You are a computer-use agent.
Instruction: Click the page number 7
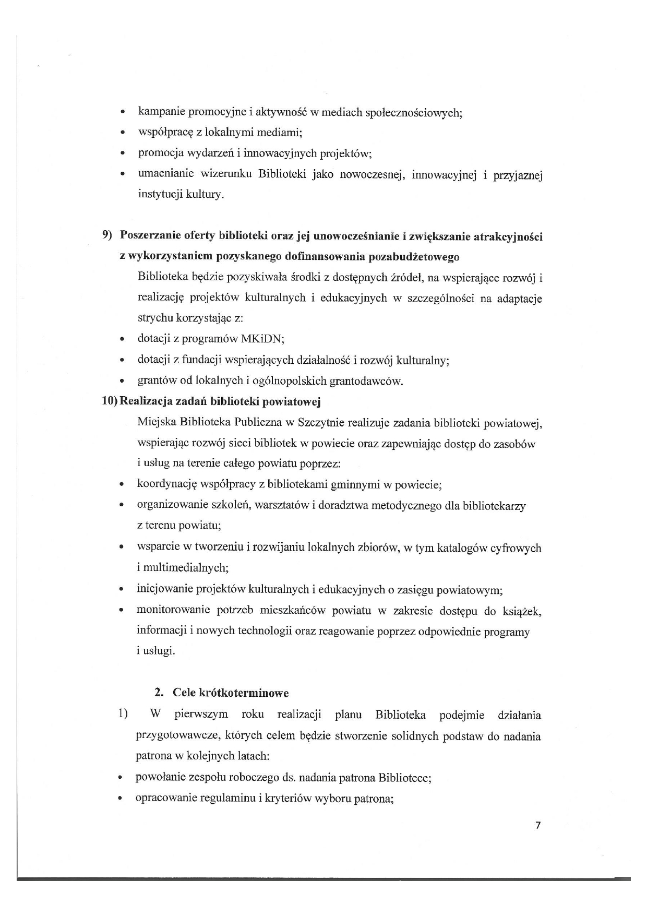[538, 825]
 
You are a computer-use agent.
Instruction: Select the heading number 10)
[110, 401]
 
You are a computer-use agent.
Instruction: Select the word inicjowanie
[164, 590]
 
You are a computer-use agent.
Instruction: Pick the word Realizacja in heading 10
[148, 401]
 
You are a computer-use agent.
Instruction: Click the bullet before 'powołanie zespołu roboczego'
[121, 779]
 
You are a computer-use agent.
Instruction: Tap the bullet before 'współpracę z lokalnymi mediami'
[122, 133]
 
